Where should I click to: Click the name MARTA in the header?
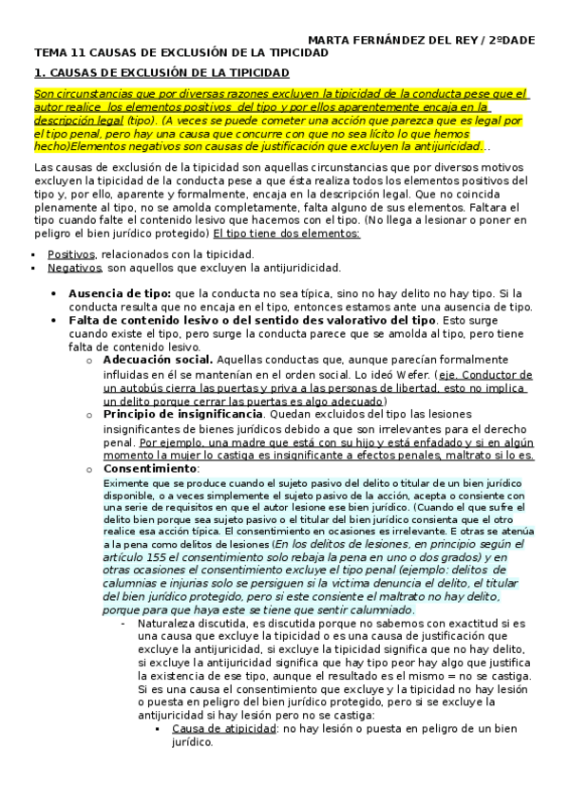[x=331, y=39]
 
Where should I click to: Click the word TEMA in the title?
[x=49, y=53]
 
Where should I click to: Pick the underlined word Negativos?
[x=73, y=269]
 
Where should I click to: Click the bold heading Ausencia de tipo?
[x=119, y=293]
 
